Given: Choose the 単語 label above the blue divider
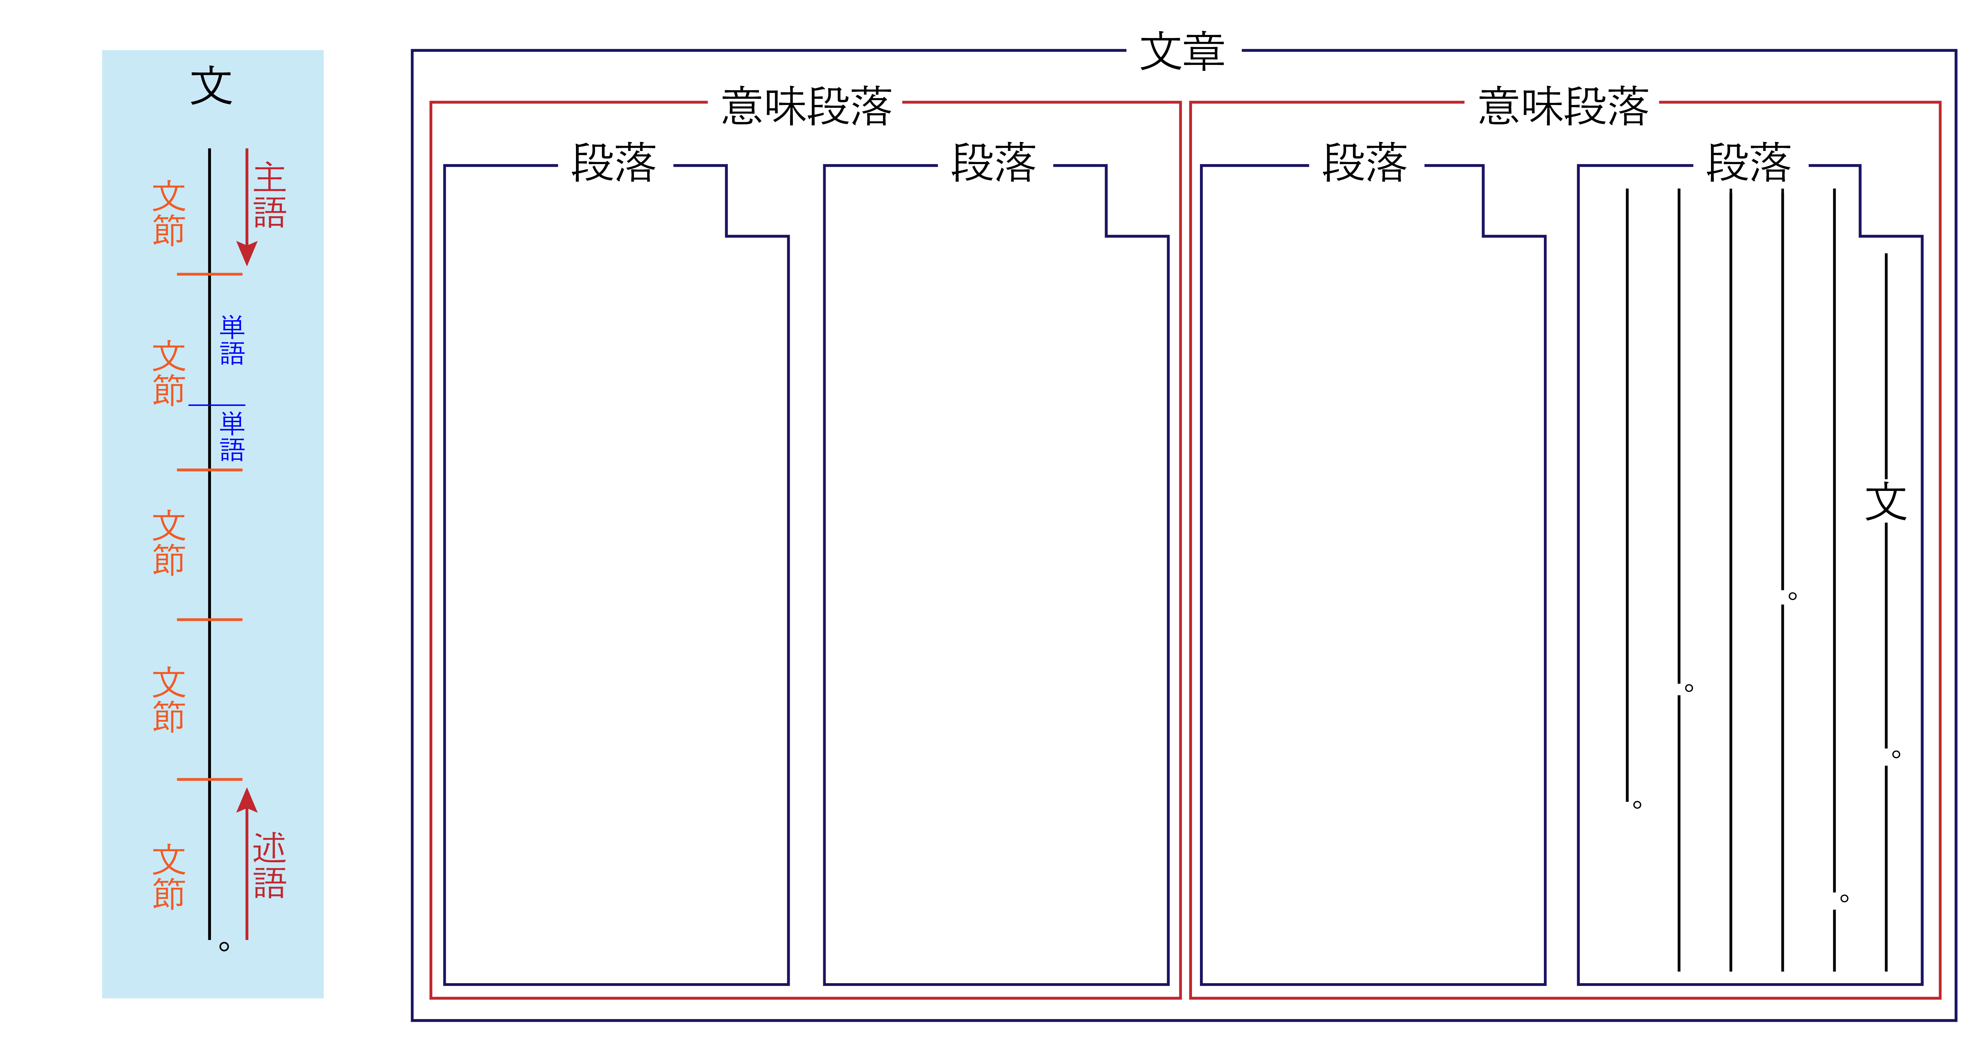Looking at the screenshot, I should coord(232,340).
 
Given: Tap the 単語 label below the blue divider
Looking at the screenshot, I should coord(232,437).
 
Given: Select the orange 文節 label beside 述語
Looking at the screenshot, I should coord(168,876).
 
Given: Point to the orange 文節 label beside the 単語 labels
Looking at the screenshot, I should coord(168,373).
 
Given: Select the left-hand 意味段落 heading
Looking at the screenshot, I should coord(806,106).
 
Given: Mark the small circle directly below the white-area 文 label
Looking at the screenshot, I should coord(1896,754).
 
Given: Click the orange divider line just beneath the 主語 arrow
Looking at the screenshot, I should coord(209,274).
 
